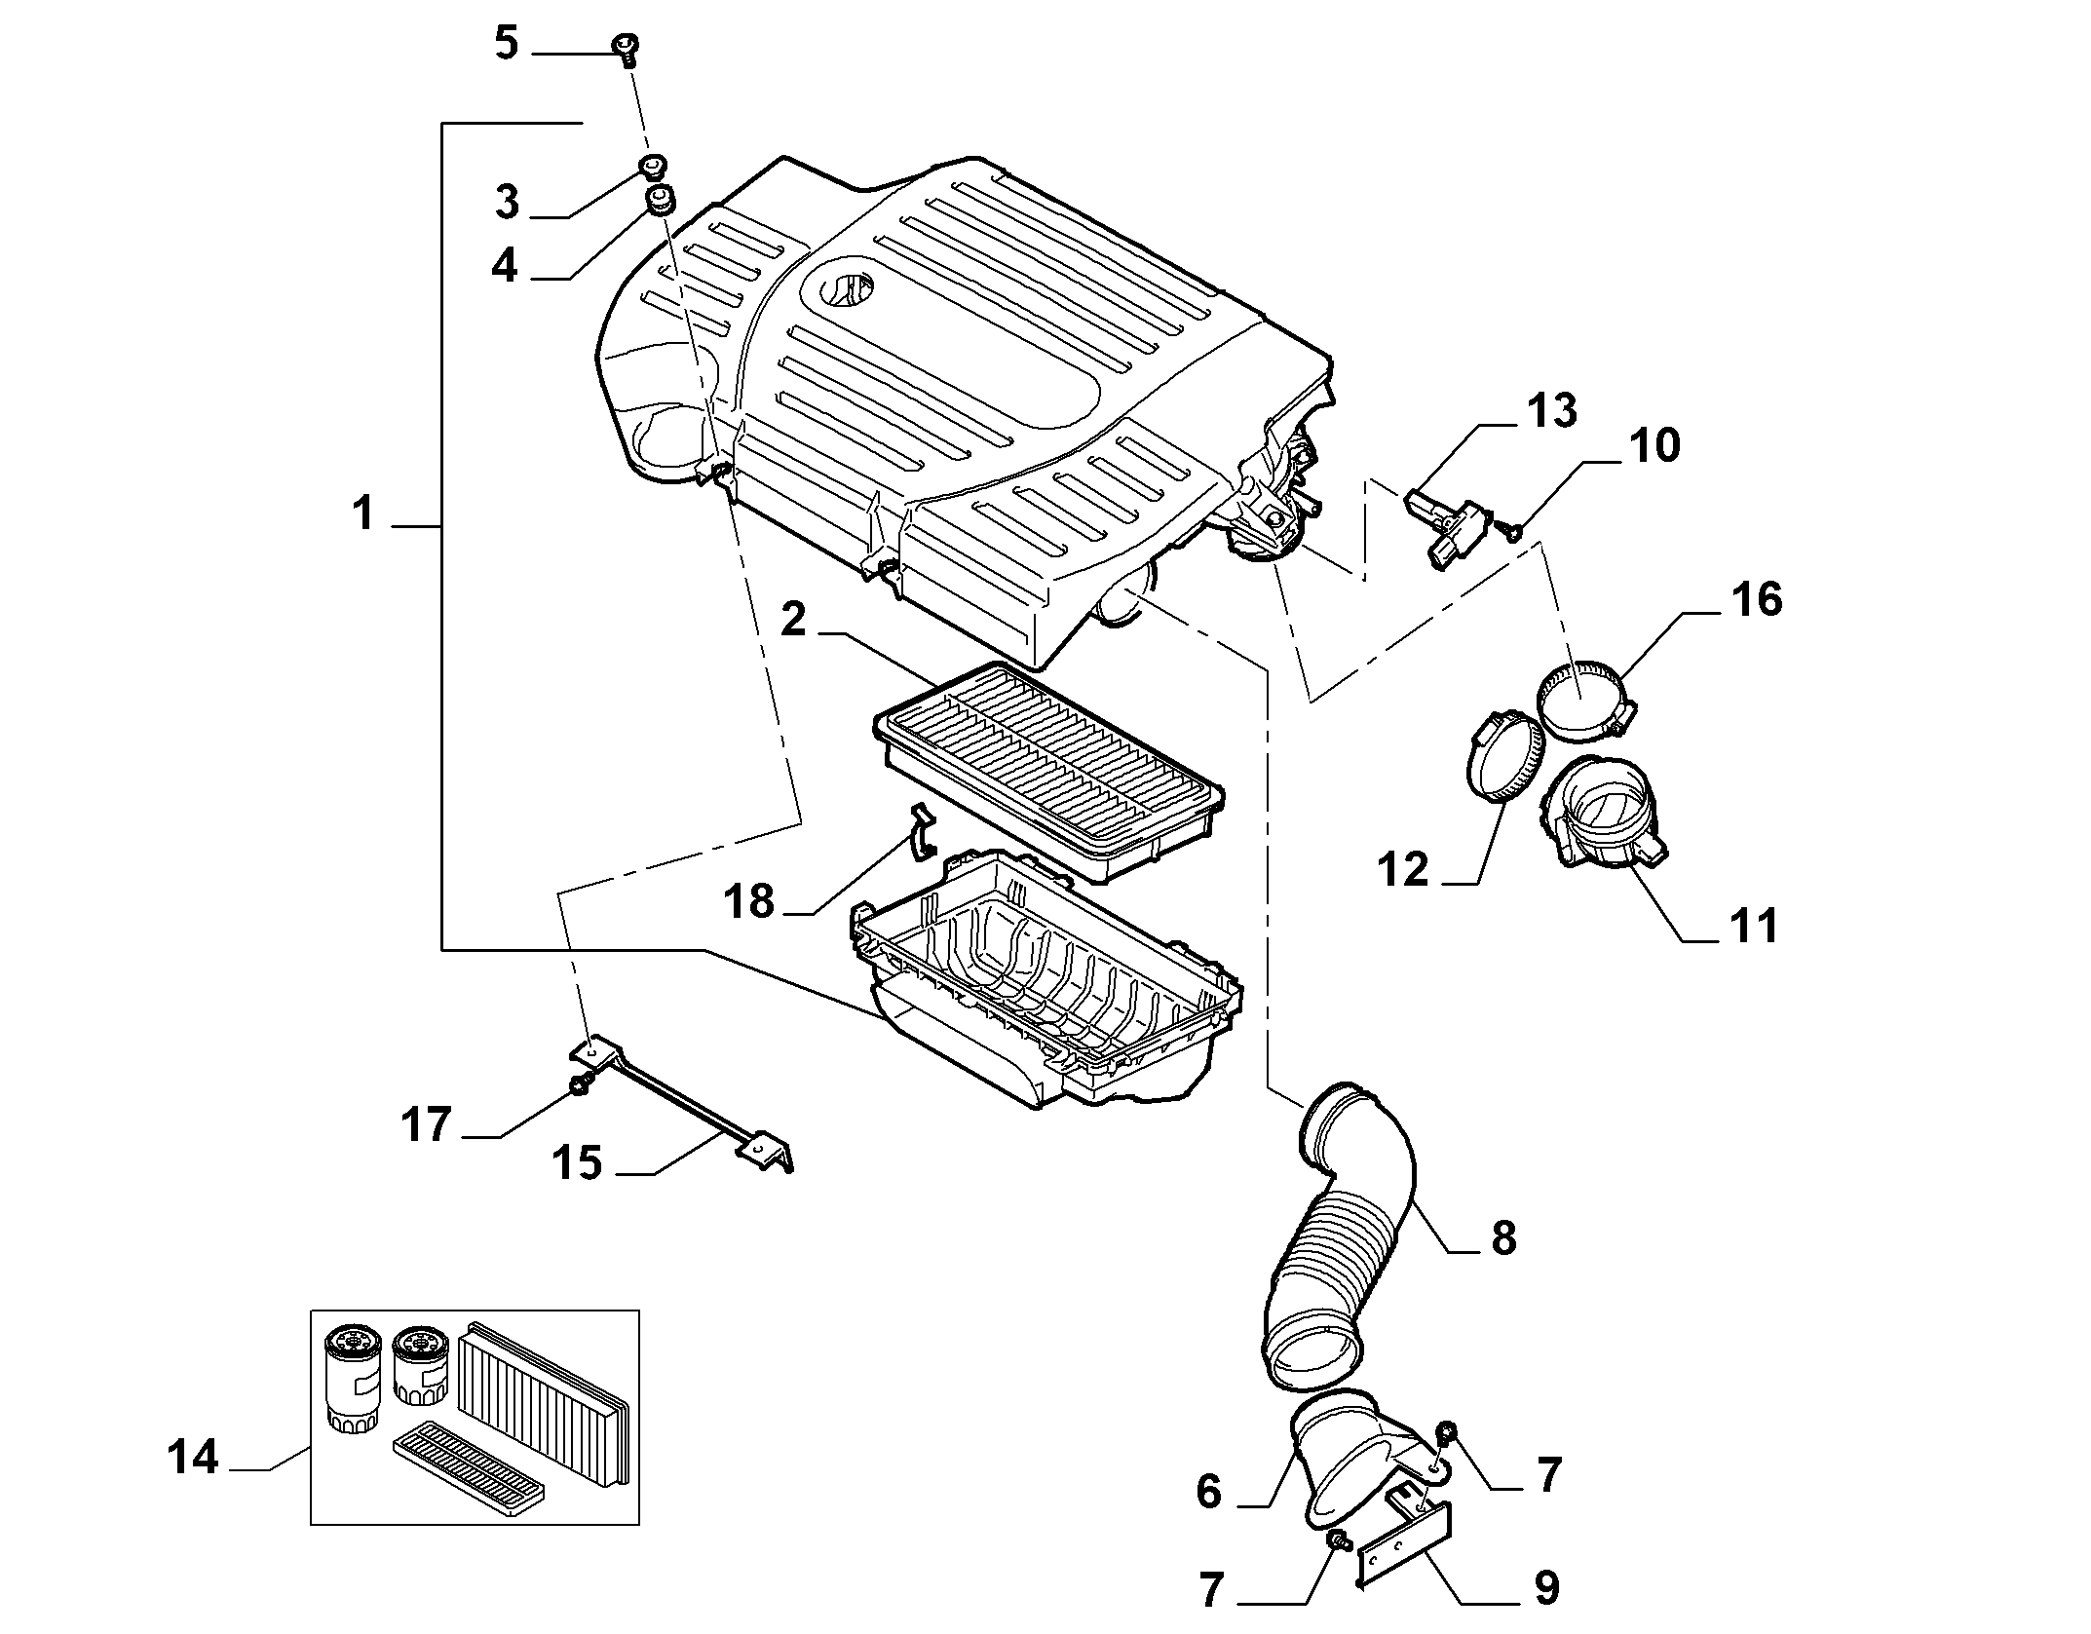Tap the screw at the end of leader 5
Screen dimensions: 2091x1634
(625, 48)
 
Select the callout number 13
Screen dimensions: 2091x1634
(1551, 410)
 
